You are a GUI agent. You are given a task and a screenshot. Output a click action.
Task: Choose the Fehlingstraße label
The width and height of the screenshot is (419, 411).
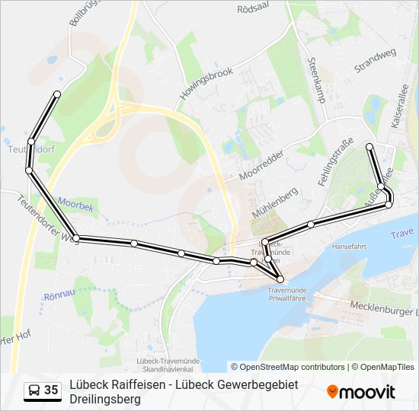coord(334,162)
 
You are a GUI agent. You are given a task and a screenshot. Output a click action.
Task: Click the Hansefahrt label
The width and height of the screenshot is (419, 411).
coord(350,247)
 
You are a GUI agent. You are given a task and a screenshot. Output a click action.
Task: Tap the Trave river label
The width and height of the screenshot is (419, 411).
coord(401,234)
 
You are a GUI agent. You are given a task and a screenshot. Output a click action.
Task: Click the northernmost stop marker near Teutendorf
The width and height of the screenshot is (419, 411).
coord(57,94)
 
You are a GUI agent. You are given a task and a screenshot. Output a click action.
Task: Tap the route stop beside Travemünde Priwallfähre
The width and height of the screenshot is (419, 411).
coord(280,279)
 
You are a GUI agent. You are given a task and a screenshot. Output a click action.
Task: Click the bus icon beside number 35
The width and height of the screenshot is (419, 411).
coord(34,391)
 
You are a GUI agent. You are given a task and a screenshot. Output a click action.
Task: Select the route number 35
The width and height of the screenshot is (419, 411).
coord(51,390)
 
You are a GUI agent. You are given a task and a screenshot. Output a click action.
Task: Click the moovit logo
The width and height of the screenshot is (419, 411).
coord(360,392)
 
